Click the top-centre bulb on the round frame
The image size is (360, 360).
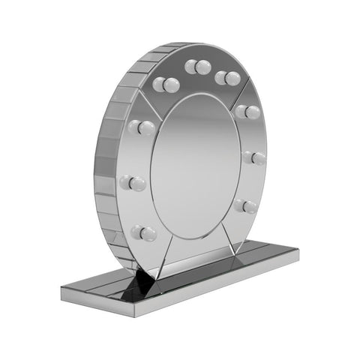tap(198, 67)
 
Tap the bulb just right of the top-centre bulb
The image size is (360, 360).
tap(227, 78)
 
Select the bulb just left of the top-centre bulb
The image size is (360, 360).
tap(166, 85)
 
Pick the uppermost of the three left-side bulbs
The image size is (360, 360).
tap(142, 127)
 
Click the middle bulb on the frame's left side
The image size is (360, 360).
tap(136, 182)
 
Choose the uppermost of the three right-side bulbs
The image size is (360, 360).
tap(247, 112)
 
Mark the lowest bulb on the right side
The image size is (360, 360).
tap(245, 205)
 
